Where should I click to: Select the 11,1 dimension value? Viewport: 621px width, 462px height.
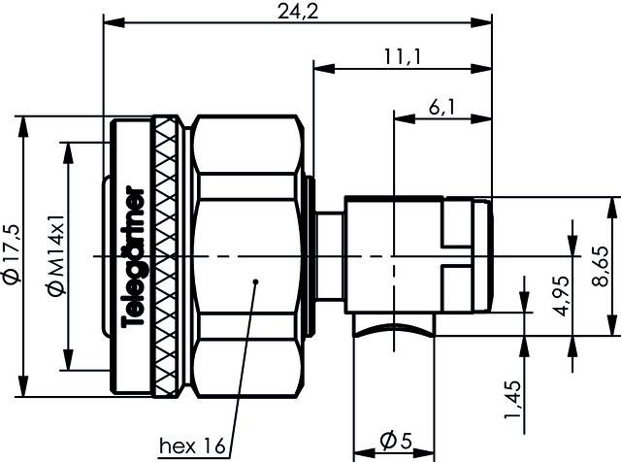point(402,56)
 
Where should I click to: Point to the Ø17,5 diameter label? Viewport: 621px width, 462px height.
point(11,254)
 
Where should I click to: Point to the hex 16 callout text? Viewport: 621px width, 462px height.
point(192,446)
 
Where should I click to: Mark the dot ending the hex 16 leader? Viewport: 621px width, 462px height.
point(255,282)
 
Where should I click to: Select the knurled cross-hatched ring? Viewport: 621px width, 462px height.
point(167,254)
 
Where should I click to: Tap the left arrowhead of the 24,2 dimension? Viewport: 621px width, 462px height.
point(110,19)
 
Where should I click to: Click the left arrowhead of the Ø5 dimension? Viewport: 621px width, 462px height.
point(357,451)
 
